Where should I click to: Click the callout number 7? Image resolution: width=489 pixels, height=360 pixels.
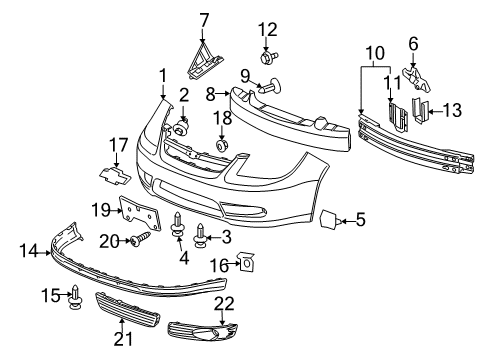click(x=204, y=18)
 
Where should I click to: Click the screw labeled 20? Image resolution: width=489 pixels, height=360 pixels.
click(x=139, y=238)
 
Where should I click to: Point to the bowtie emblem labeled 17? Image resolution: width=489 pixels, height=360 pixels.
click(x=118, y=173)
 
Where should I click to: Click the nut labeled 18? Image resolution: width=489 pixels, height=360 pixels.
click(x=222, y=147)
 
